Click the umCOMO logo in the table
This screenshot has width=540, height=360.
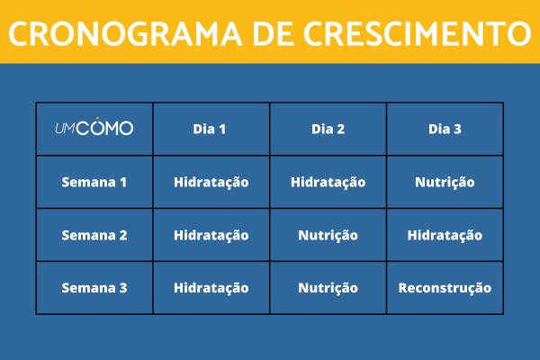click(x=94, y=129)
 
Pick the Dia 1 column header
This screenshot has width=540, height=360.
click(x=211, y=129)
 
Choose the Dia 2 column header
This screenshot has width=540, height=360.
click(x=328, y=129)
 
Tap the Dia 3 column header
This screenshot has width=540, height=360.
click(x=445, y=129)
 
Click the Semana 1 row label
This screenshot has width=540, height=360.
click(x=94, y=182)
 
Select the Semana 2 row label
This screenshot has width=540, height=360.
click(x=94, y=235)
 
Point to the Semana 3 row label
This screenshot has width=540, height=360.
click(x=94, y=288)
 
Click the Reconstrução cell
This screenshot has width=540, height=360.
click(x=445, y=288)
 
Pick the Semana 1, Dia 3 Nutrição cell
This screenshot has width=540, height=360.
click(x=445, y=182)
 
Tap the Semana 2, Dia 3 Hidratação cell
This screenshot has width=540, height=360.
click(x=445, y=235)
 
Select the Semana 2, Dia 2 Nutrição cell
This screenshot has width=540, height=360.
click(x=328, y=235)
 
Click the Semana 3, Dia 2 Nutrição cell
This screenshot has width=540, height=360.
click(x=328, y=288)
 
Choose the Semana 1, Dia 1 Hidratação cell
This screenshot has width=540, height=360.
click(x=211, y=182)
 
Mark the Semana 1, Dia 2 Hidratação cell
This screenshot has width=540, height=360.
click(x=328, y=182)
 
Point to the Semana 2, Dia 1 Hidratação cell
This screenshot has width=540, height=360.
click(x=211, y=235)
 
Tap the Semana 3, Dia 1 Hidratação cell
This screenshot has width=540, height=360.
click(x=211, y=288)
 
